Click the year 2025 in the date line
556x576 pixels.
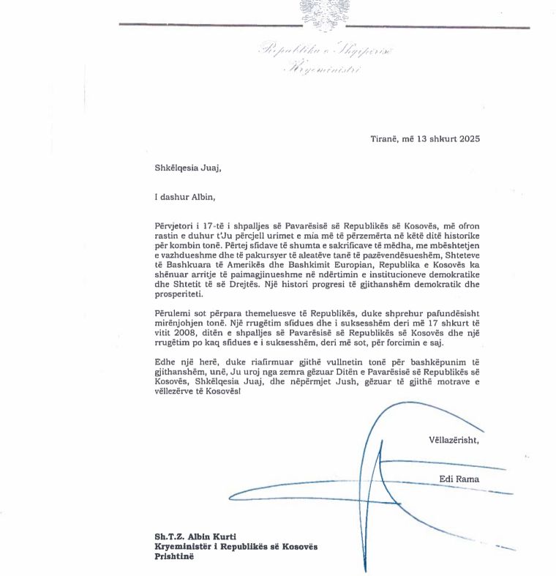coord(465,138)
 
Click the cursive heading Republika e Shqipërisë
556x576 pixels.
coord(325,51)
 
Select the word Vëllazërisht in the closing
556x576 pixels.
coord(454,441)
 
